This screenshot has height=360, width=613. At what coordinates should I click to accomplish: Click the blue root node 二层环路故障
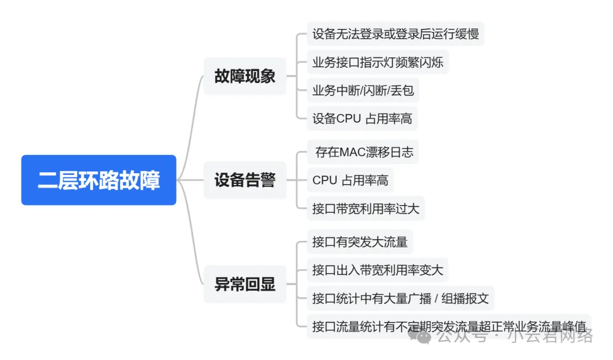(99, 180)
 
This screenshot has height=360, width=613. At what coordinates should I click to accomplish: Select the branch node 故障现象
(245, 77)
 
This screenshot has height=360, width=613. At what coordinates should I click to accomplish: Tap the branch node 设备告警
(245, 181)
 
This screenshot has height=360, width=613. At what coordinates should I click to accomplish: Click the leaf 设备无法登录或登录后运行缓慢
(395, 34)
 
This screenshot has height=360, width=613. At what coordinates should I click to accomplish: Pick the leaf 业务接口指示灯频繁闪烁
(377, 62)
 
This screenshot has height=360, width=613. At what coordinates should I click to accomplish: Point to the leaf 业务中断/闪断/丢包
(363, 90)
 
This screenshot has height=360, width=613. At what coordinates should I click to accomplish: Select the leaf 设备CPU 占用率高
(362, 119)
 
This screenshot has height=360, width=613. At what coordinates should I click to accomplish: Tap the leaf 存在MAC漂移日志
(364, 152)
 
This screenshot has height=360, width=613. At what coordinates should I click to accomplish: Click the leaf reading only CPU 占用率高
(350, 181)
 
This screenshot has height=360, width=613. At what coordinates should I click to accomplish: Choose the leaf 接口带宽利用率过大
(366, 208)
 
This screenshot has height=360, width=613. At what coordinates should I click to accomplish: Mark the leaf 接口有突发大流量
(359, 242)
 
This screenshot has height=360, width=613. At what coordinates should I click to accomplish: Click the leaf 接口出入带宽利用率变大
(377, 270)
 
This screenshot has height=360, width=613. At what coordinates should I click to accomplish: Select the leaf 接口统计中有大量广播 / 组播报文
(400, 298)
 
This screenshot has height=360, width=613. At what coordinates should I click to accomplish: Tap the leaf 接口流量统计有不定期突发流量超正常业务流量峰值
(448, 326)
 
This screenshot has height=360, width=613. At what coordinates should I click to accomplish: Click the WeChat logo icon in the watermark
(425, 336)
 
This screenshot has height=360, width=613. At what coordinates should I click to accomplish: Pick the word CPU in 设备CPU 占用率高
(349, 119)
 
